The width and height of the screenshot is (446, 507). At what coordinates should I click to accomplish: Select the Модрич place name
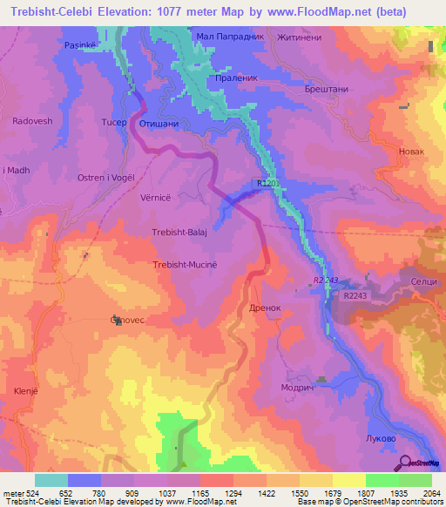pos(296,389)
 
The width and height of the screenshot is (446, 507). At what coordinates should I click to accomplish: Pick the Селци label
pos(423,283)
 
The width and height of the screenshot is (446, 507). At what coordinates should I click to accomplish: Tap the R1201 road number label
pos(270,183)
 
